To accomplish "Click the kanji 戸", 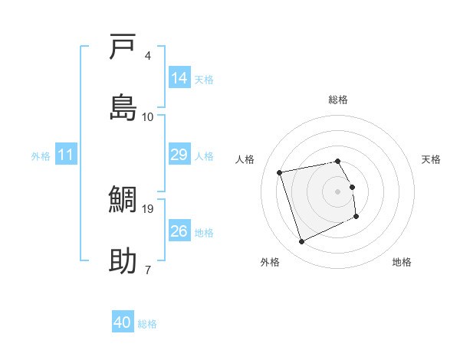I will (x=123, y=47).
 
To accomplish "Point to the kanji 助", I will (x=123, y=260).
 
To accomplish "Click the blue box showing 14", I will (x=179, y=77).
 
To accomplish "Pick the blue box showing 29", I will (x=179, y=155).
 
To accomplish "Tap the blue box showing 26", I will (x=179, y=231).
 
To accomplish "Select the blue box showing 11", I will (x=67, y=155).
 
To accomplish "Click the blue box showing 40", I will (x=123, y=322).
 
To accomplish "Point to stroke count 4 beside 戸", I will (x=147, y=55).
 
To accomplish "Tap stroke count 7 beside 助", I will (x=147, y=269).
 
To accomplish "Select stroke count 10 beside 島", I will (x=148, y=116).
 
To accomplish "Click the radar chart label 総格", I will (x=338, y=100).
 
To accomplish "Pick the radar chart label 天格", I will (x=431, y=159).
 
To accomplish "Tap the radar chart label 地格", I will (x=402, y=262).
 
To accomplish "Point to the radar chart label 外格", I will (x=270, y=262).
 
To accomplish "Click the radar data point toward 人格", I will (x=280, y=172).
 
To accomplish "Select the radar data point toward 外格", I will (x=301, y=242).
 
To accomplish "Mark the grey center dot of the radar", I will (x=338, y=191).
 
